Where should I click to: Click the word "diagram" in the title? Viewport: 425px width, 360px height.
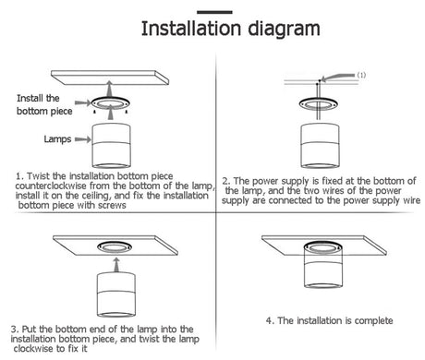tap(284, 30)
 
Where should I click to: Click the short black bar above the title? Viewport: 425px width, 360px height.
tap(214, 12)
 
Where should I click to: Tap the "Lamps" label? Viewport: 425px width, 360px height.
tap(57, 139)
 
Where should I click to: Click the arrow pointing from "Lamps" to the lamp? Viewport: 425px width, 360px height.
tap(83, 139)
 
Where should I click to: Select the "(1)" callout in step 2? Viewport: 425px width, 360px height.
tap(361, 75)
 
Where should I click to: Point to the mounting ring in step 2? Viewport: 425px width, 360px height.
tap(319, 104)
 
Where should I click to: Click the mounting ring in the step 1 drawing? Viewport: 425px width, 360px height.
tap(111, 102)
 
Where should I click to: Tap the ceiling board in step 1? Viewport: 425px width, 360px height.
tap(110, 78)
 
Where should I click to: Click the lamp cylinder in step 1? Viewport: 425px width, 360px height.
tap(111, 146)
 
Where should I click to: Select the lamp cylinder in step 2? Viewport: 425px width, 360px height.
tap(321, 146)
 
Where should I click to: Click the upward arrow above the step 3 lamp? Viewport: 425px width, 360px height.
tap(116, 265)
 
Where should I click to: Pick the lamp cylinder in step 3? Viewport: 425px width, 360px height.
tap(116, 294)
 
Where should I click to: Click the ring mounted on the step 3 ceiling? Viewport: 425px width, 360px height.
tap(115, 246)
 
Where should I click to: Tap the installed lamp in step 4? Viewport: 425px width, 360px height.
tap(323, 265)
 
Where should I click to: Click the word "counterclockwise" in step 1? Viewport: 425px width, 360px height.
tap(51, 186)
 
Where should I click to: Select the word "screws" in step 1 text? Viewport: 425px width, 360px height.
tap(112, 205)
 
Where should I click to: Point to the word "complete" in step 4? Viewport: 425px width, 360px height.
tap(373, 321)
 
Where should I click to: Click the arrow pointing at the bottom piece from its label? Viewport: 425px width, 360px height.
tap(83, 102)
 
